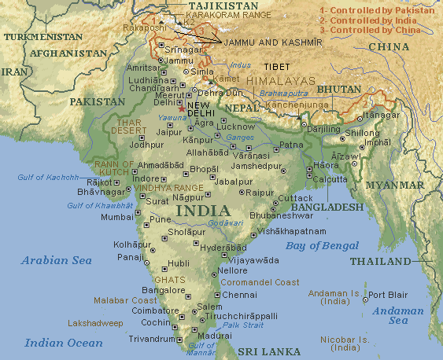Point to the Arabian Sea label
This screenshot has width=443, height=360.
(57, 260)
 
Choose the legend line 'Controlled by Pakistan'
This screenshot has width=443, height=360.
(378, 9)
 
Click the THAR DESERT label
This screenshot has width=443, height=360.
(127, 127)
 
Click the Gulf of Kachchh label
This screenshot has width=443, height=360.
(48, 177)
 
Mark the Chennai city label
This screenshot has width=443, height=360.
(239, 295)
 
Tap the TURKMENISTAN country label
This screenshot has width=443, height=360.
(42, 37)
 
